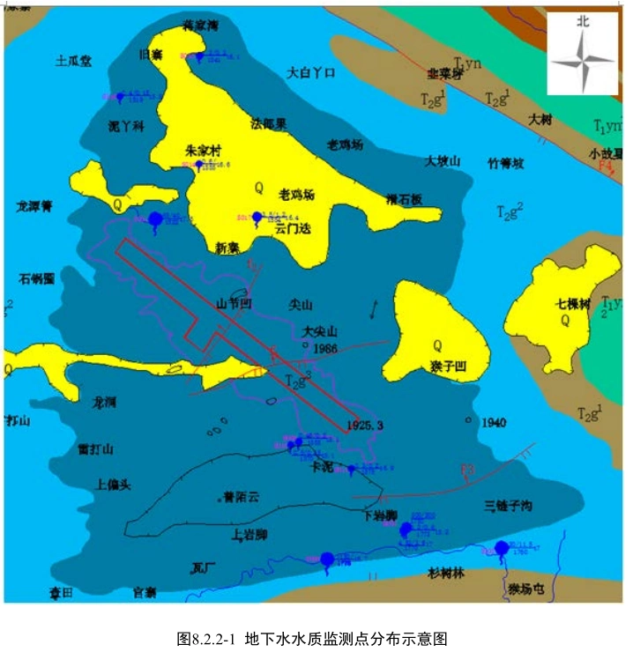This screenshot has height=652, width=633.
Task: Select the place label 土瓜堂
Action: click(73, 62)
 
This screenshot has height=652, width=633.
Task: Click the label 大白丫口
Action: click(312, 73)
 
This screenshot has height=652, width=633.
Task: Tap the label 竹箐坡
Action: click(506, 163)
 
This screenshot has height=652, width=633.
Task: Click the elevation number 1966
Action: click(325, 349)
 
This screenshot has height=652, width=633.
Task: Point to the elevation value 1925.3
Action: click(366, 425)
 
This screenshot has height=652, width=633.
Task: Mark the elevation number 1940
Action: click(494, 422)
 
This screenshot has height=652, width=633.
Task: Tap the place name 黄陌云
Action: click(242, 497)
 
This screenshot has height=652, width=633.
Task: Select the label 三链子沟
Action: click(508, 506)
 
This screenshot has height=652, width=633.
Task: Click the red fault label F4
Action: click(606, 166)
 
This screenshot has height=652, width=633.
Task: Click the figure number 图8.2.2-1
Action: click(207, 637)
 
